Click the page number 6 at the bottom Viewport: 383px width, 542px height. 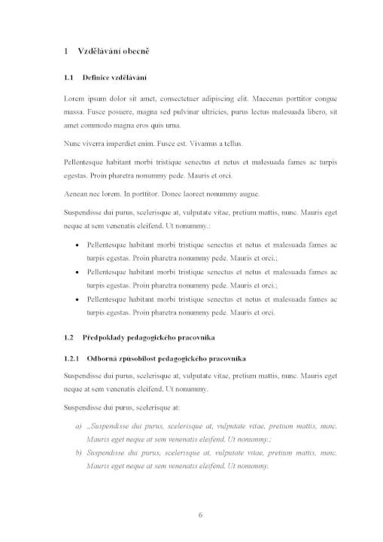200,515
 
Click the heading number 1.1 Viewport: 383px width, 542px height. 69,78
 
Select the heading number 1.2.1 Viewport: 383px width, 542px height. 72,358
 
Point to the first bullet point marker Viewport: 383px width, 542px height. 80,245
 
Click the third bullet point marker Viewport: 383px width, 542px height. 80,299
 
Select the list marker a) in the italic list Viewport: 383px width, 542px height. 79,425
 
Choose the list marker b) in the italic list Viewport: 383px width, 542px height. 79,452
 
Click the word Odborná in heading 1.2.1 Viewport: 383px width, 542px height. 103,358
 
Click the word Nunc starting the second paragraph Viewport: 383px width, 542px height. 72,143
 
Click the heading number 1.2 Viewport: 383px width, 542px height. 69,337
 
